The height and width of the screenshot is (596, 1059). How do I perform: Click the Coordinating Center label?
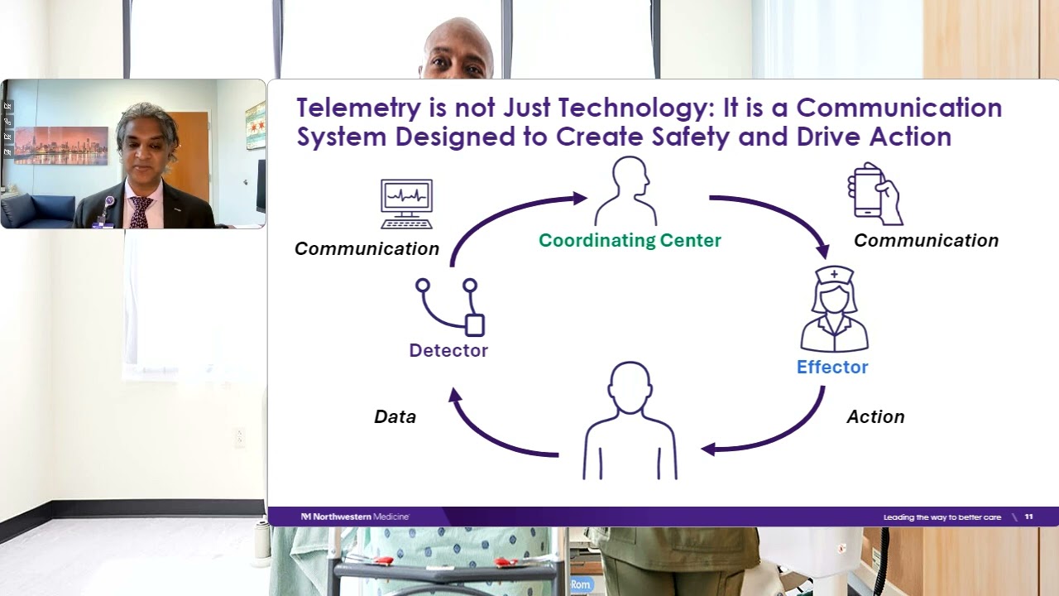click(x=630, y=241)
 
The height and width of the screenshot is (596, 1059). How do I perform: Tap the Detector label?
click(x=448, y=350)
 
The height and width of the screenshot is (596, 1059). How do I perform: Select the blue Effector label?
click(x=831, y=367)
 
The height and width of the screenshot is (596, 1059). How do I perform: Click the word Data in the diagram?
click(x=395, y=416)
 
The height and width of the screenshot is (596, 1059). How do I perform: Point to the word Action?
click(x=875, y=416)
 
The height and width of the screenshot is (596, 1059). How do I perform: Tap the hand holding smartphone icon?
click(x=875, y=195)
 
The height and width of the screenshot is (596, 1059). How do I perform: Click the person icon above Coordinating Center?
click(x=626, y=191)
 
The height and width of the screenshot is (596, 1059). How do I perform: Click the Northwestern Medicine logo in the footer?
click(x=355, y=517)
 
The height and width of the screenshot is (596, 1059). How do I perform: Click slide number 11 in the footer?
click(x=1028, y=517)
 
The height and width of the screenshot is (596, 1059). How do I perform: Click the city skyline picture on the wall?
click(x=60, y=146)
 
